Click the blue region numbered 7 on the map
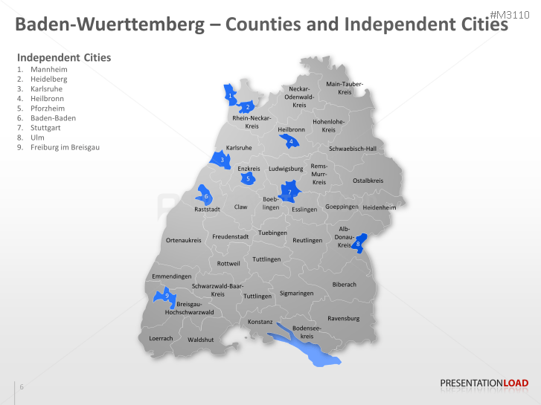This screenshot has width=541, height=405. coord(289,192)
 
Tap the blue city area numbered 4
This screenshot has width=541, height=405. coord(292,141)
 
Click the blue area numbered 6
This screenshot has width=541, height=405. coord(205,197)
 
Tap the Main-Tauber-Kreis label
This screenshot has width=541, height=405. coord(345,88)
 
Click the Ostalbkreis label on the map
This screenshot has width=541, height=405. coord(368,181)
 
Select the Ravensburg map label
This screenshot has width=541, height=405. coord(343,318)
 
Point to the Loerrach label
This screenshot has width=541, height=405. coord(161,338)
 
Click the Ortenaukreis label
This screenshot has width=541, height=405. coord(183,240)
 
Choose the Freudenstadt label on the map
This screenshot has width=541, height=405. coord(230,236)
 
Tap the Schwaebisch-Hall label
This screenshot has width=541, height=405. coord(353,149)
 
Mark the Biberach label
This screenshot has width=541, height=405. coord(344,285)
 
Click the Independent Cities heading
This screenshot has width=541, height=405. coord(64,57)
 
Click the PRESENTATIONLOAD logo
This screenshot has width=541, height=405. coord(484,383)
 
